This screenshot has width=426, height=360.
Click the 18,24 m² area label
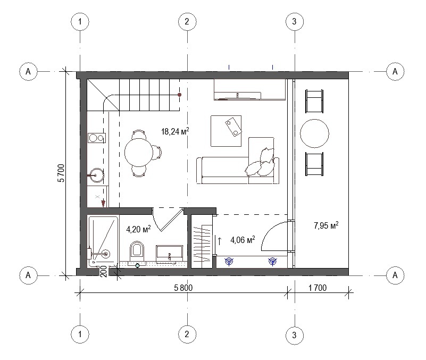[x=175, y=131]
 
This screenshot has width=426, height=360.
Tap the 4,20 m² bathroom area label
[x=138, y=229]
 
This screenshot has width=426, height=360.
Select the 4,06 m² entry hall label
[x=243, y=240]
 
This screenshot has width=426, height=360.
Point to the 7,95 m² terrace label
[x=326, y=225]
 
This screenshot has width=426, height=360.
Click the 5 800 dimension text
[x=183, y=288]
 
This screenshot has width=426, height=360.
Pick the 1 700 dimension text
[x=318, y=288]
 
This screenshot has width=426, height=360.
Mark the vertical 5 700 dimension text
[x=61, y=173]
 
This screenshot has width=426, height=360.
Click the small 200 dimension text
[x=104, y=271]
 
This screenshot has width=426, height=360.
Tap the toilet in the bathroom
[x=137, y=249]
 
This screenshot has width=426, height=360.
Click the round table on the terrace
[x=314, y=133]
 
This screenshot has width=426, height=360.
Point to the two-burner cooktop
[x=96, y=138]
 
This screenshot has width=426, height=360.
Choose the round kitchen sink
[x=97, y=175]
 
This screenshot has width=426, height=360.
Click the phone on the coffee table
[x=233, y=126]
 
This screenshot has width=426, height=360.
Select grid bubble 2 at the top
[x=187, y=21]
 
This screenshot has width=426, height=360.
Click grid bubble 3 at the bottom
[x=295, y=335]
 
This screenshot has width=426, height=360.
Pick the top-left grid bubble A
[x=28, y=71]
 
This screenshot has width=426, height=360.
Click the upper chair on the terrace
[x=314, y=101]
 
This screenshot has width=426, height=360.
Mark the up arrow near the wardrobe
[x=220, y=241]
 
